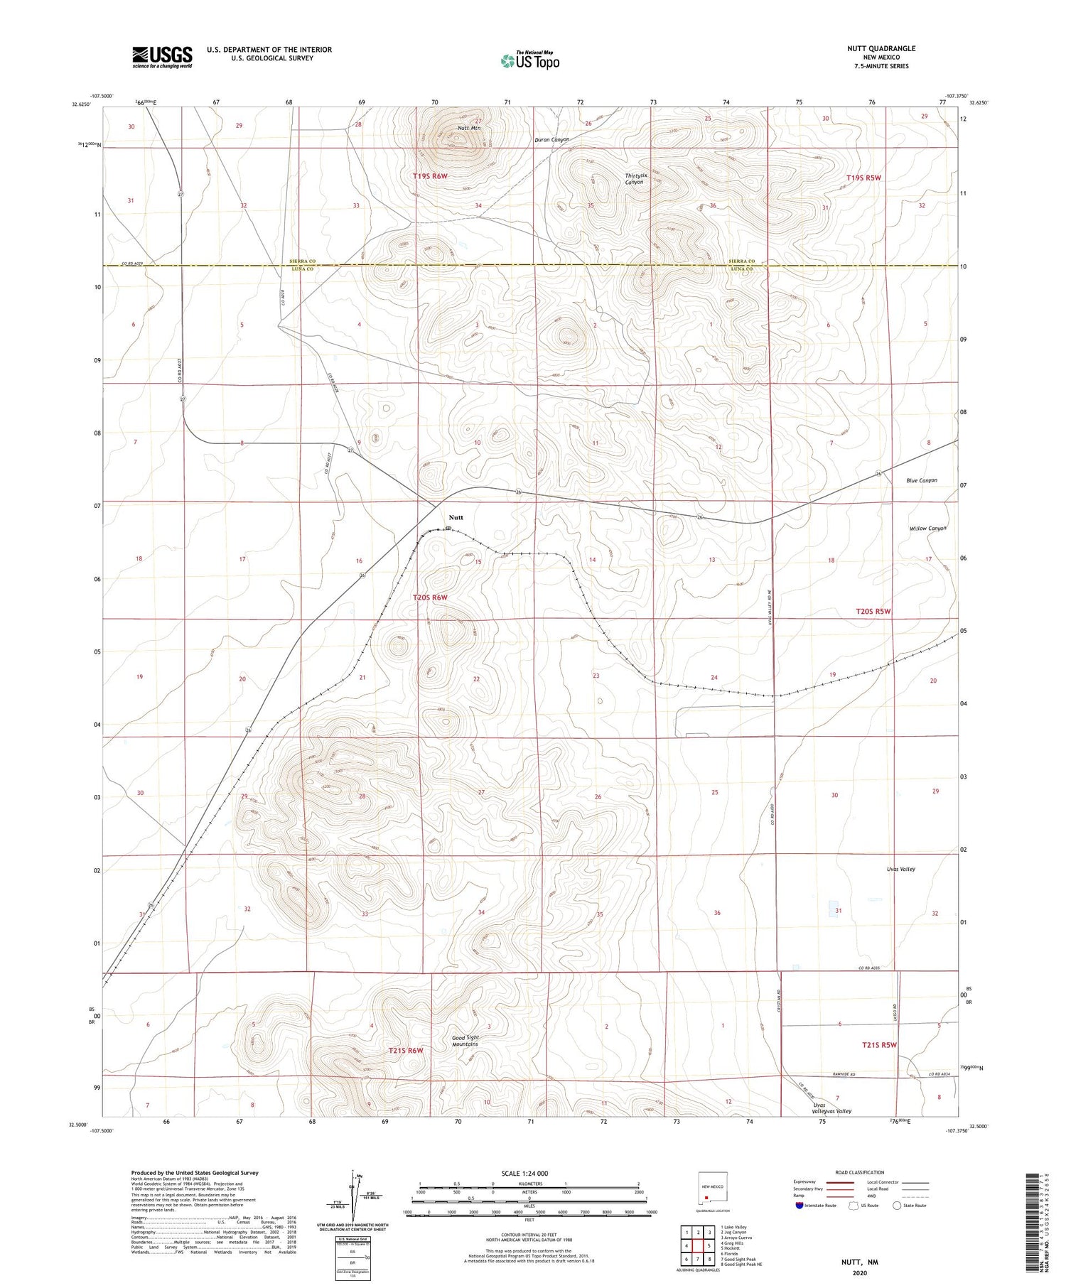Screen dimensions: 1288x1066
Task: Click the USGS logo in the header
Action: click(x=162, y=57)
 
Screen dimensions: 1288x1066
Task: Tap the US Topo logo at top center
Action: click(x=530, y=60)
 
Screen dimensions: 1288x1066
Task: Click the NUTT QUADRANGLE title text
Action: click(x=881, y=48)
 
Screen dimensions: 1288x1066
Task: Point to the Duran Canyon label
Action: click(x=552, y=140)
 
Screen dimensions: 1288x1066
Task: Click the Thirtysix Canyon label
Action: click(x=634, y=179)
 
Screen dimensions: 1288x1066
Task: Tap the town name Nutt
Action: click(x=456, y=517)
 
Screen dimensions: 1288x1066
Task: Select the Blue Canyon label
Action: click(x=921, y=480)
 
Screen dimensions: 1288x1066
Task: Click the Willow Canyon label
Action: click(x=927, y=529)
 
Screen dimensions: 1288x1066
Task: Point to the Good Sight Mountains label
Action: click(x=465, y=1041)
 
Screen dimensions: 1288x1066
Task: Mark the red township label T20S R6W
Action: click(x=430, y=597)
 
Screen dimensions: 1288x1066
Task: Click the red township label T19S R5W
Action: click(x=863, y=178)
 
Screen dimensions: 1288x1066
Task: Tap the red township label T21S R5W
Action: click(x=879, y=1045)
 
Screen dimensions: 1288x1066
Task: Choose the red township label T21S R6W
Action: click(x=406, y=1050)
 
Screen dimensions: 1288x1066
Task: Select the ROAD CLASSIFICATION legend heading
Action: click(x=860, y=1172)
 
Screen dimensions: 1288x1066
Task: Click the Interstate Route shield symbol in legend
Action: click(x=799, y=1206)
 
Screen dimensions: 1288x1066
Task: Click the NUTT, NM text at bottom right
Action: click(x=860, y=1262)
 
